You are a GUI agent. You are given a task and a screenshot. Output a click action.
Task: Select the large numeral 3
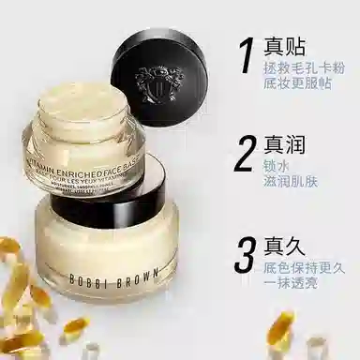246,259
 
